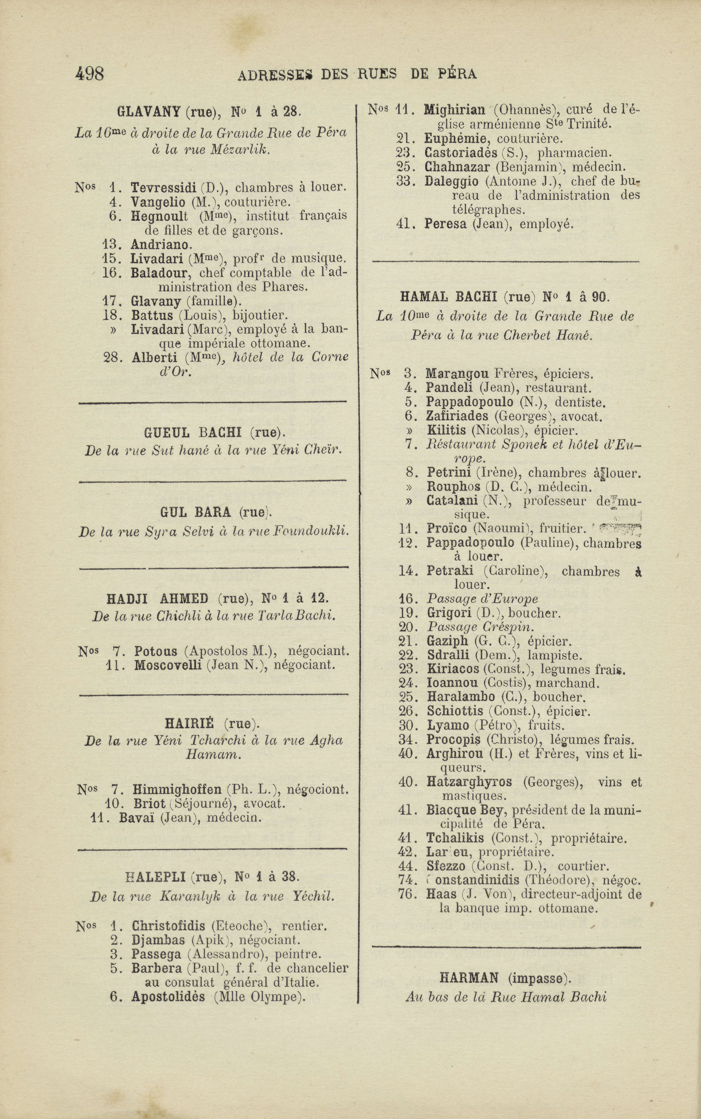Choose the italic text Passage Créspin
(480, 627)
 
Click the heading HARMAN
(468, 978)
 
